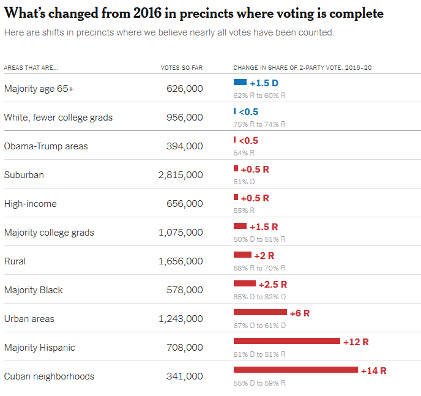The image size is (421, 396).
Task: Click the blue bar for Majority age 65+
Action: (240, 82)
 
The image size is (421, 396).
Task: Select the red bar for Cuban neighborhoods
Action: (296, 370)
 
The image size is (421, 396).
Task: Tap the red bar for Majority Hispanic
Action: (287, 341)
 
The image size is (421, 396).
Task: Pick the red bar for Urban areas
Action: (260, 312)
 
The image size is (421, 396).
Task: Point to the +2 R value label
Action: (264, 256)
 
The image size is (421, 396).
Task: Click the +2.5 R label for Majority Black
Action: (273, 285)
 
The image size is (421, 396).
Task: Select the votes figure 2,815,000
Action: (181, 175)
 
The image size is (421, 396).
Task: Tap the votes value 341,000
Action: (185, 376)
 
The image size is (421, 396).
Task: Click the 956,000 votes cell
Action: (185, 118)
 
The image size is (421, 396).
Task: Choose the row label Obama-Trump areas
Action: (46, 146)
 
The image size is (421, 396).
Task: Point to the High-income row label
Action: (31, 204)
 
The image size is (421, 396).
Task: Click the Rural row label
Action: (15, 261)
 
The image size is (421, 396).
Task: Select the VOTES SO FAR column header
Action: (182, 68)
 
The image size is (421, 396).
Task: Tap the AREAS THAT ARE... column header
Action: (31, 68)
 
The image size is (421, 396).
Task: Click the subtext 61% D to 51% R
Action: (259, 354)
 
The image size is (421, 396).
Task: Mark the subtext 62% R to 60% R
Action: (259, 95)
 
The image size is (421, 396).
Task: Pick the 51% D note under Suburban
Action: (244, 182)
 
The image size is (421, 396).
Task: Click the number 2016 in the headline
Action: (147, 13)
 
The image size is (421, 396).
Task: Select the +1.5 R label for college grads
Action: (264, 227)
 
